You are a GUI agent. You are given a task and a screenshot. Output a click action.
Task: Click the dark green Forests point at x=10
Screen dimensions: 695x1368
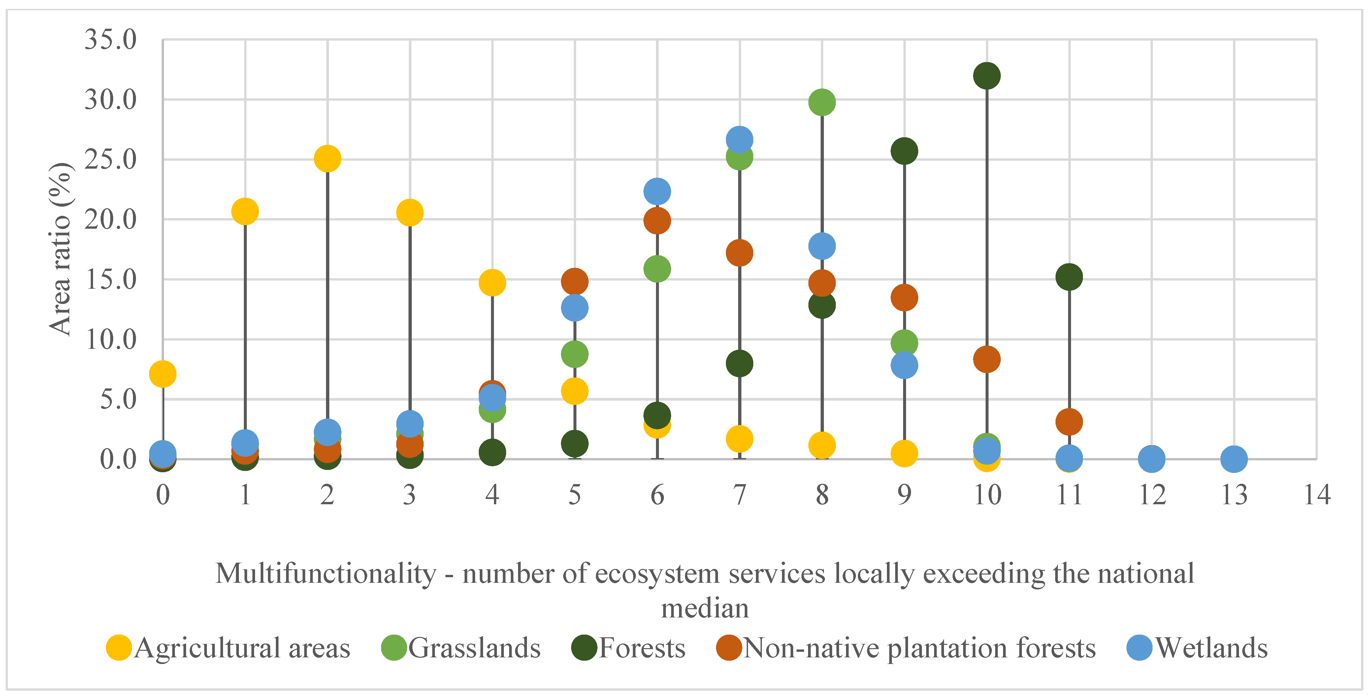pyautogui.click(x=987, y=76)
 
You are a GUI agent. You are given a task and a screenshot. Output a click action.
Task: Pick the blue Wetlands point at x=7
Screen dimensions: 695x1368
pyautogui.click(x=739, y=140)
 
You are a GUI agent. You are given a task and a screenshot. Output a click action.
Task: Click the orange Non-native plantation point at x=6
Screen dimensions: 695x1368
pyautogui.click(x=657, y=220)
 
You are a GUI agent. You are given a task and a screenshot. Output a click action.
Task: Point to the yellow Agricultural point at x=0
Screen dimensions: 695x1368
pyautogui.click(x=162, y=374)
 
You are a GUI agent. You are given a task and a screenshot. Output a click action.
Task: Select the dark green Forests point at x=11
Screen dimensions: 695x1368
pyautogui.click(x=1069, y=277)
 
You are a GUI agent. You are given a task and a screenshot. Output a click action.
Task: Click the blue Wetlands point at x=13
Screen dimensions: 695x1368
pyautogui.click(x=1234, y=459)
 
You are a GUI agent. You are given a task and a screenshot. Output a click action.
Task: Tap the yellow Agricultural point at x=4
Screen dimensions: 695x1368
pyautogui.click(x=492, y=282)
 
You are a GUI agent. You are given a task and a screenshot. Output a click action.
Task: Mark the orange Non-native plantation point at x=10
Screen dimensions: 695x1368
pyautogui.click(x=987, y=359)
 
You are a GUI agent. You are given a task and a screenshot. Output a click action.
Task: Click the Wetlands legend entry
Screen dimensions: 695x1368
pyautogui.click(x=1197, y=648)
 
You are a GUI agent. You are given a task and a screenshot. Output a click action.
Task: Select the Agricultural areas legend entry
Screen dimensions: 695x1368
pyautogui.click(x=228, y=648)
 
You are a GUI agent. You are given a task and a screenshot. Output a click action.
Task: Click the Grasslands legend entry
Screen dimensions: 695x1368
pyautogui.click(x=461, y=648)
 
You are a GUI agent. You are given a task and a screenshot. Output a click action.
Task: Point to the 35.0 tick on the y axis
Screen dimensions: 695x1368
pyautogui.click(x=111, y=40)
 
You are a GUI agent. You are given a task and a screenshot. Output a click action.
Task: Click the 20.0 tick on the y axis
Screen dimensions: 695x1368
pyautogui.click(x=111, y=219)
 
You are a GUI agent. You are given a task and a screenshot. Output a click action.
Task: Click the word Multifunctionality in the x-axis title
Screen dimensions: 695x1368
pyautogui.click(x=326, y=574)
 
